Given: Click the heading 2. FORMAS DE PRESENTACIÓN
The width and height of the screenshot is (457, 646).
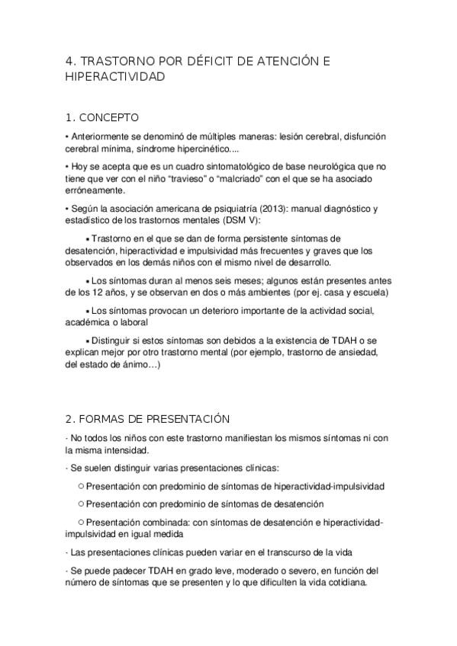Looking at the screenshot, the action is (148, 419).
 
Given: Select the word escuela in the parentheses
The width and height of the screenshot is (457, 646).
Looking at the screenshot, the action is (367, 293).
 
